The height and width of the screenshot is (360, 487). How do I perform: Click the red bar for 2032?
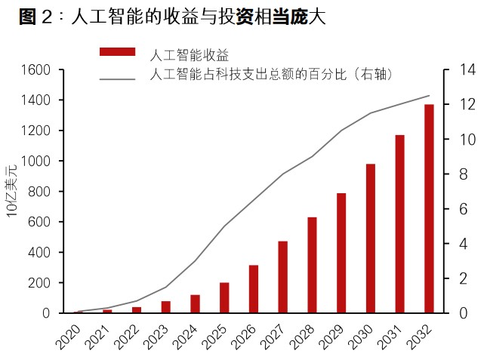click(429, 208)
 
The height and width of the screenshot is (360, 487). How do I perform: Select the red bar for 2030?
click(371, 238)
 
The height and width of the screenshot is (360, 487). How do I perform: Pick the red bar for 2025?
click(224, 297)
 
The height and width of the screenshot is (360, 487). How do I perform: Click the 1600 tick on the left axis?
click(37, 70)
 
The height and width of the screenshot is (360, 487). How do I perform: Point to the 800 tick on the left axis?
click(40, 192)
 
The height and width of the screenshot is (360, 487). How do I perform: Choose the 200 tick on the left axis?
click(40, 283)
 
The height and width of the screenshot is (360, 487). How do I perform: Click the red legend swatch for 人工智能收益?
click(117, 51)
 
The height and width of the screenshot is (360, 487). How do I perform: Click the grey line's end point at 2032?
click(429, 96)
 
